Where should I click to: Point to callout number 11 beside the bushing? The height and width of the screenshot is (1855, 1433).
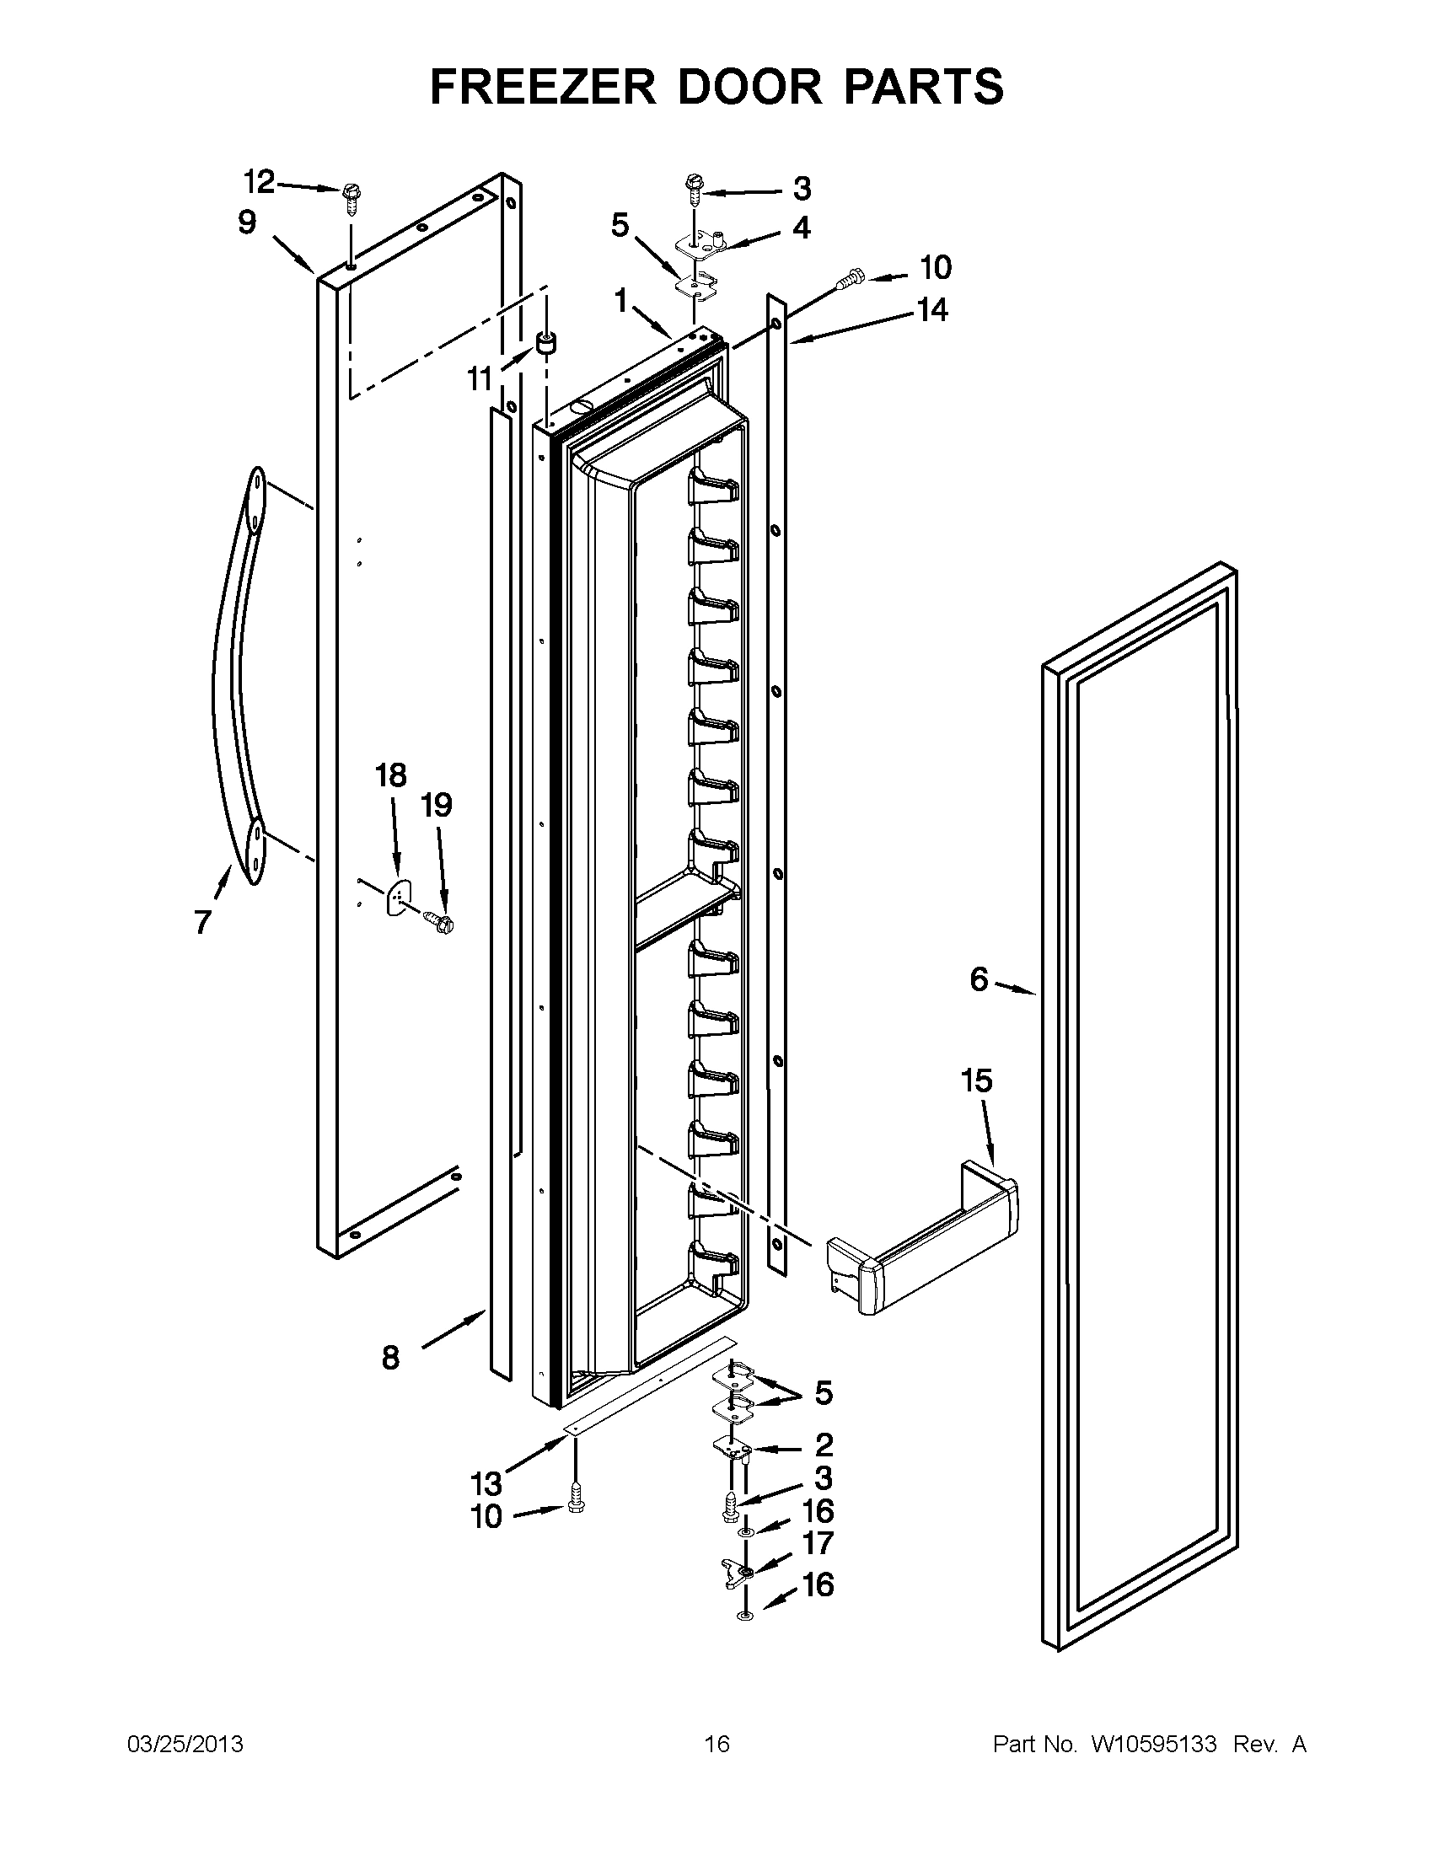point(480,378)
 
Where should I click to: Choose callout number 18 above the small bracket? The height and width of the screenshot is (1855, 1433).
point(392,775)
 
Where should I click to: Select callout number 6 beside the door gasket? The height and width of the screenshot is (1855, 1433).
point(979,980)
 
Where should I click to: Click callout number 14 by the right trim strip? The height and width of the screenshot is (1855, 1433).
point(931,310)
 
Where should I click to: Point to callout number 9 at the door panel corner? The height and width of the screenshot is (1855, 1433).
point(246,222)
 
